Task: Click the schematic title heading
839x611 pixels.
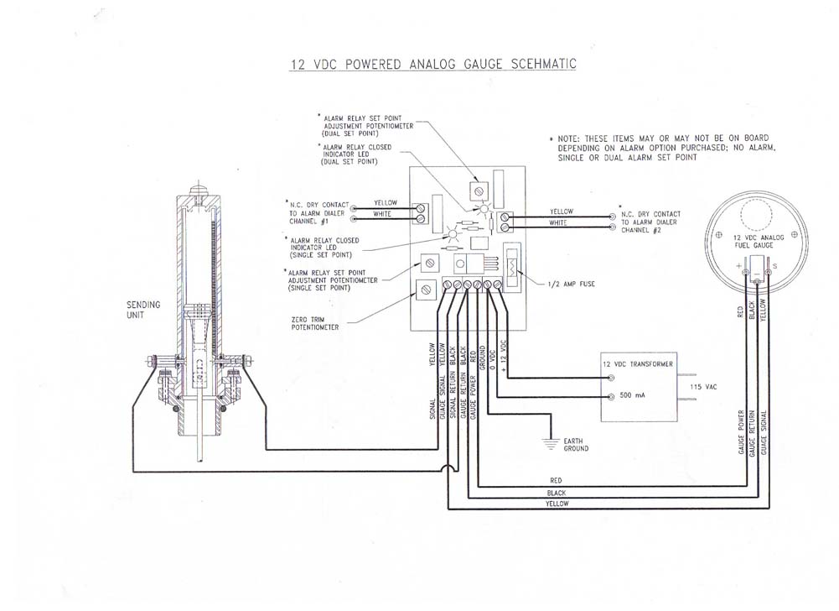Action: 419,65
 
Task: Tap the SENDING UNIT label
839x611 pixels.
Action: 143,310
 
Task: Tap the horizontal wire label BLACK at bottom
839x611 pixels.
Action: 555,492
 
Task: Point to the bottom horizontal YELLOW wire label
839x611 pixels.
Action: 557,504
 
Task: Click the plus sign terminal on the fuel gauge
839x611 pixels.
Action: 740,266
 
